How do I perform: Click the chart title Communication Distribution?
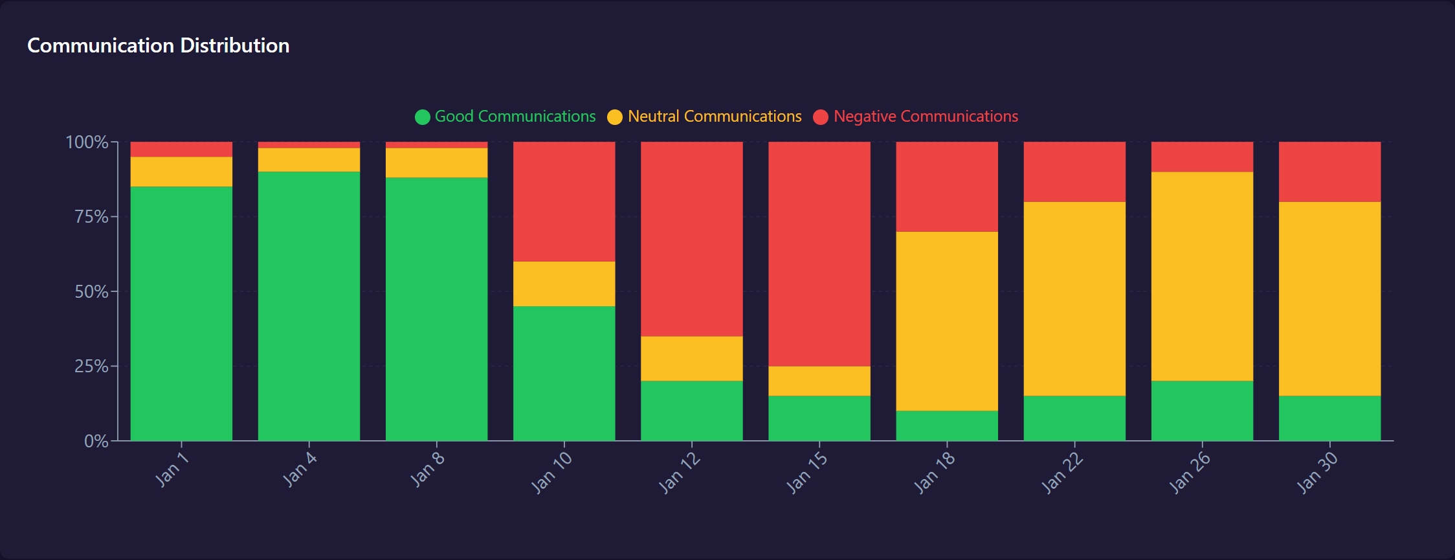coord(158,45)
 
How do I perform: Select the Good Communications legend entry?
coord(505,117)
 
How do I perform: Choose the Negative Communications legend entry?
coord(915,117)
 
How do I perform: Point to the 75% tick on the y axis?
coord(91,216)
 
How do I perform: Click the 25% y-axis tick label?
coord(91,366)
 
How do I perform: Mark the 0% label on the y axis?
coord(96,441)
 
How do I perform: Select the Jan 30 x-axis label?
coord(1317,473)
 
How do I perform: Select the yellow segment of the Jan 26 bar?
coord(1202,276)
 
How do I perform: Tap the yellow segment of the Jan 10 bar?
coord(564,284)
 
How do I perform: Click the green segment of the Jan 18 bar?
coord(947,425)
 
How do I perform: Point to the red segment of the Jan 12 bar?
coord(692,239)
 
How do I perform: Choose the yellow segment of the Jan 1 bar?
coord(181,172)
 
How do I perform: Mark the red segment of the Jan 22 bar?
coord(1074,172)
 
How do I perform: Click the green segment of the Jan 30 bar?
coord(1329,418)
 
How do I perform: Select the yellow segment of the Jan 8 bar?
coord(436,162)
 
